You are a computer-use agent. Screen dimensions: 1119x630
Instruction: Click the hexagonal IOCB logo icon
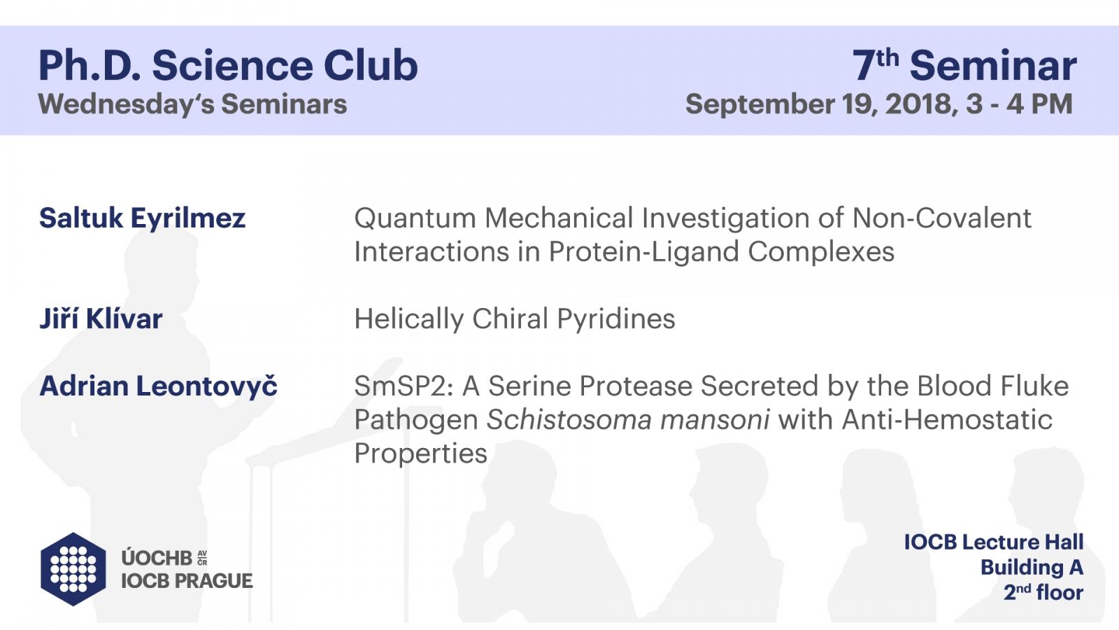point(73,569)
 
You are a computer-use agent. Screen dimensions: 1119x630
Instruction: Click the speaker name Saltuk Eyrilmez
point(143,218)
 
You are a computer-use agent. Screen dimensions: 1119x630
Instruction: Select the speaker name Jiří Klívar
point(101,318)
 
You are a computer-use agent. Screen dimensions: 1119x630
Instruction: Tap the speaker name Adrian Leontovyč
point(158,386)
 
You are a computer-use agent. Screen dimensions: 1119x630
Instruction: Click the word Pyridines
point(616,319)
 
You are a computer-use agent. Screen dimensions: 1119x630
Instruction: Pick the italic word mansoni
point(715,419)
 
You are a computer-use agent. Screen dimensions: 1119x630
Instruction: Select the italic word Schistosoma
point(569,419)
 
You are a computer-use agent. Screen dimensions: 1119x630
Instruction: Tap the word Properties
point(420,454)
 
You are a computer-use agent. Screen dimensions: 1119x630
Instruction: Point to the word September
point(760,104)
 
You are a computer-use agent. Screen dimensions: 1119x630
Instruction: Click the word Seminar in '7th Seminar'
point(993,66)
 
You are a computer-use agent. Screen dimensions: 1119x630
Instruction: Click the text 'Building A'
point(1032,568)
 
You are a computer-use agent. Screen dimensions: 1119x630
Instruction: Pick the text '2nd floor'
point(1043,592)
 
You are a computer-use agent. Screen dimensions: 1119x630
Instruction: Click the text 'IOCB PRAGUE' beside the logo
point(187,581)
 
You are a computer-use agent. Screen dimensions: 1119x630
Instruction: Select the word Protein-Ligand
point(644,251)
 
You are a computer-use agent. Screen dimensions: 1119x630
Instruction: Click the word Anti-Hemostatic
point(947,419)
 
